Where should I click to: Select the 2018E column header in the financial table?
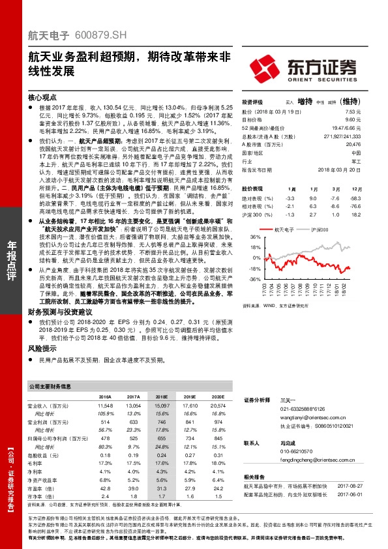point(161,396)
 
